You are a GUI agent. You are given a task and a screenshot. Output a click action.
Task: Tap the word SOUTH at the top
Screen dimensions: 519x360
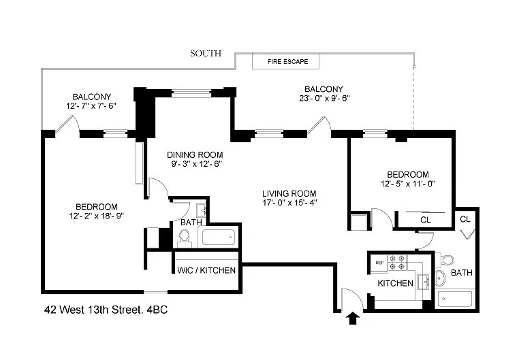click(206, 53)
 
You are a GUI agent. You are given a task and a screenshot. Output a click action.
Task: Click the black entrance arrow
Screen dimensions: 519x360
click(353, 318)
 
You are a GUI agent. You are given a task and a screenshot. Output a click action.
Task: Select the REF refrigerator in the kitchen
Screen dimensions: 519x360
click(379, 263)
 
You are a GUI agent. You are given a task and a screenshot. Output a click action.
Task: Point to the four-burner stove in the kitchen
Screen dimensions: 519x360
click(397, 263)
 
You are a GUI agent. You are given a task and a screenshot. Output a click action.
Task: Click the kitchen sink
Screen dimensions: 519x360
click(424, 282)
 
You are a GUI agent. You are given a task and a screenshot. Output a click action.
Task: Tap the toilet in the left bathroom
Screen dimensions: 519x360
click(185, 238)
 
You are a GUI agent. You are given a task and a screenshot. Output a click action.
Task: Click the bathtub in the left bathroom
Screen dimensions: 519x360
click(219, 237)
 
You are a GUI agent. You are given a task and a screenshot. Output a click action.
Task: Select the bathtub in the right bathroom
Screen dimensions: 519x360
click(455, 299)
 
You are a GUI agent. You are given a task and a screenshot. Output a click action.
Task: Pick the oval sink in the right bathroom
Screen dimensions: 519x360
click(440, 278)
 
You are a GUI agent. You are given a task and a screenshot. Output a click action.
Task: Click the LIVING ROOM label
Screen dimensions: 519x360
click(289, 194)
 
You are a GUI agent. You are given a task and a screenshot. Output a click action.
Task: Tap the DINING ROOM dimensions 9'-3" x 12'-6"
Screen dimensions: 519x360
click(196, 163)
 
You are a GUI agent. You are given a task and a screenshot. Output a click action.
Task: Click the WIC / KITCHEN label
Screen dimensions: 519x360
click(206, 270)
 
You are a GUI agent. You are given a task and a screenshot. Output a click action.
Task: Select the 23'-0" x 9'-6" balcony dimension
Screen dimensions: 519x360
click(324, 98)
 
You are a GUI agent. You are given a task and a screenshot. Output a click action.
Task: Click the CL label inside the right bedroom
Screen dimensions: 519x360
click(426, 220)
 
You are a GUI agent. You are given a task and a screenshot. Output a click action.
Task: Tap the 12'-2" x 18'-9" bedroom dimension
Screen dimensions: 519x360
click(96, 216)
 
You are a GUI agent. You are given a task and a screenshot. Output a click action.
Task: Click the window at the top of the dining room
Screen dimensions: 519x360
click(191, 93)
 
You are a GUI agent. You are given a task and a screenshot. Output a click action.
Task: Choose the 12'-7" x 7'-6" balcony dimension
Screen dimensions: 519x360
click(91, 106)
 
